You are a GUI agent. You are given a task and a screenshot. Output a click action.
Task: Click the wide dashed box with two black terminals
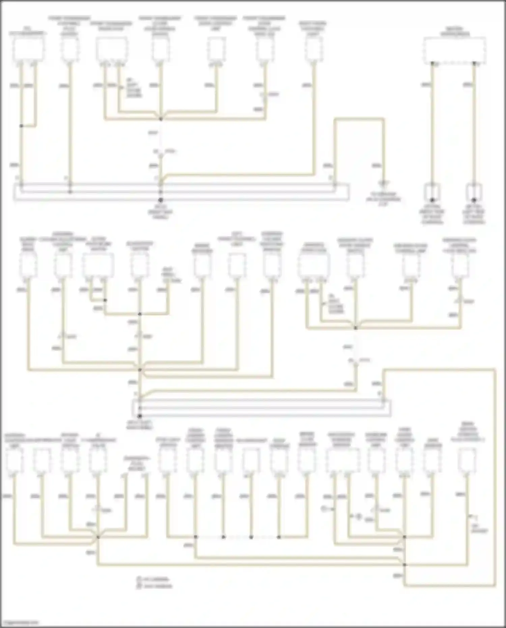(x=454, y=50)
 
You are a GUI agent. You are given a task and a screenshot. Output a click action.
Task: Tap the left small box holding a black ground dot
(x=432, y=193)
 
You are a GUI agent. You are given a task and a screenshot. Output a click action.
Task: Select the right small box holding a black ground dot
(x=474, y=193)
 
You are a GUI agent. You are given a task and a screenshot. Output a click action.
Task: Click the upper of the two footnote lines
(x=153, y=579)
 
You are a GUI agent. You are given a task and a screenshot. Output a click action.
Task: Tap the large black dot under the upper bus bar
(x=161, y=200)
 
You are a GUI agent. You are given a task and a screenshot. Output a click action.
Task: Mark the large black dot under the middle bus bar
(x=140, y=416)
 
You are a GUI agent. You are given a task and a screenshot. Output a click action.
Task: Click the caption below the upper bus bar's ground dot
(x=160, y=212)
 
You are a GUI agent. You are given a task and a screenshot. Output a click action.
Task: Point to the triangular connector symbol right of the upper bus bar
(x=383, y=184)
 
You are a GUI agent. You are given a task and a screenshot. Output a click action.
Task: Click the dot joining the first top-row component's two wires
(x=21, y=126)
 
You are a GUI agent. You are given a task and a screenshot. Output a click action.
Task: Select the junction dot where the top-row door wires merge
(x=161, y=119)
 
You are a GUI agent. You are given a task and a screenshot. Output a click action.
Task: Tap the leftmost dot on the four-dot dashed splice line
(x=195, y=537)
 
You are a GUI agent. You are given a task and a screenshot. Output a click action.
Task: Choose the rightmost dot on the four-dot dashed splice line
(x=279, y=537)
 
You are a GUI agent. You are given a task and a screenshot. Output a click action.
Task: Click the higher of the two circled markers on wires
(x=324, y=508)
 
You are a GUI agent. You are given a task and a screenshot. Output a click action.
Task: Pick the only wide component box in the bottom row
(x=342, y=461)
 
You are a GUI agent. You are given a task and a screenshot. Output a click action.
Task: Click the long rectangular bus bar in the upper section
(x=181, y=192)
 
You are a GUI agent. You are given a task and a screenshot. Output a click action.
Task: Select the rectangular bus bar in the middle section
(x=262, y=408)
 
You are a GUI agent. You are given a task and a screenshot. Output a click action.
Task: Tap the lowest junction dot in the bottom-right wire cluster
(x=404, y=564)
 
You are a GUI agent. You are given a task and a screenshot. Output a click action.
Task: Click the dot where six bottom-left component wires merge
(x=98, y=537)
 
